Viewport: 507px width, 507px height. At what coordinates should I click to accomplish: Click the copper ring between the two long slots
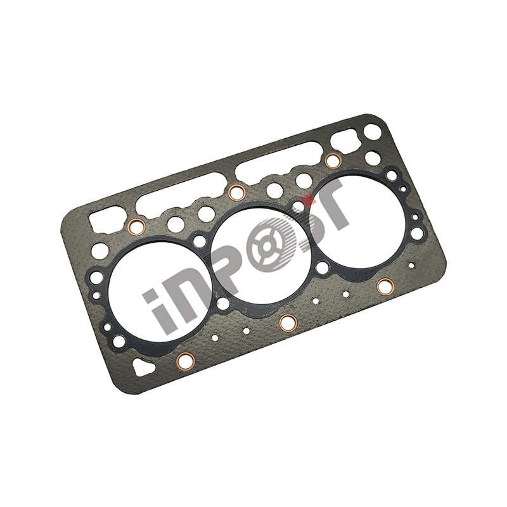point(236,192)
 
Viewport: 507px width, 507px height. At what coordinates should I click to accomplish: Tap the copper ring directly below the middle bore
point(288,322)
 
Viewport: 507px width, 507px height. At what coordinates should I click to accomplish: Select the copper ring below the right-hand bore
point(384,286)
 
